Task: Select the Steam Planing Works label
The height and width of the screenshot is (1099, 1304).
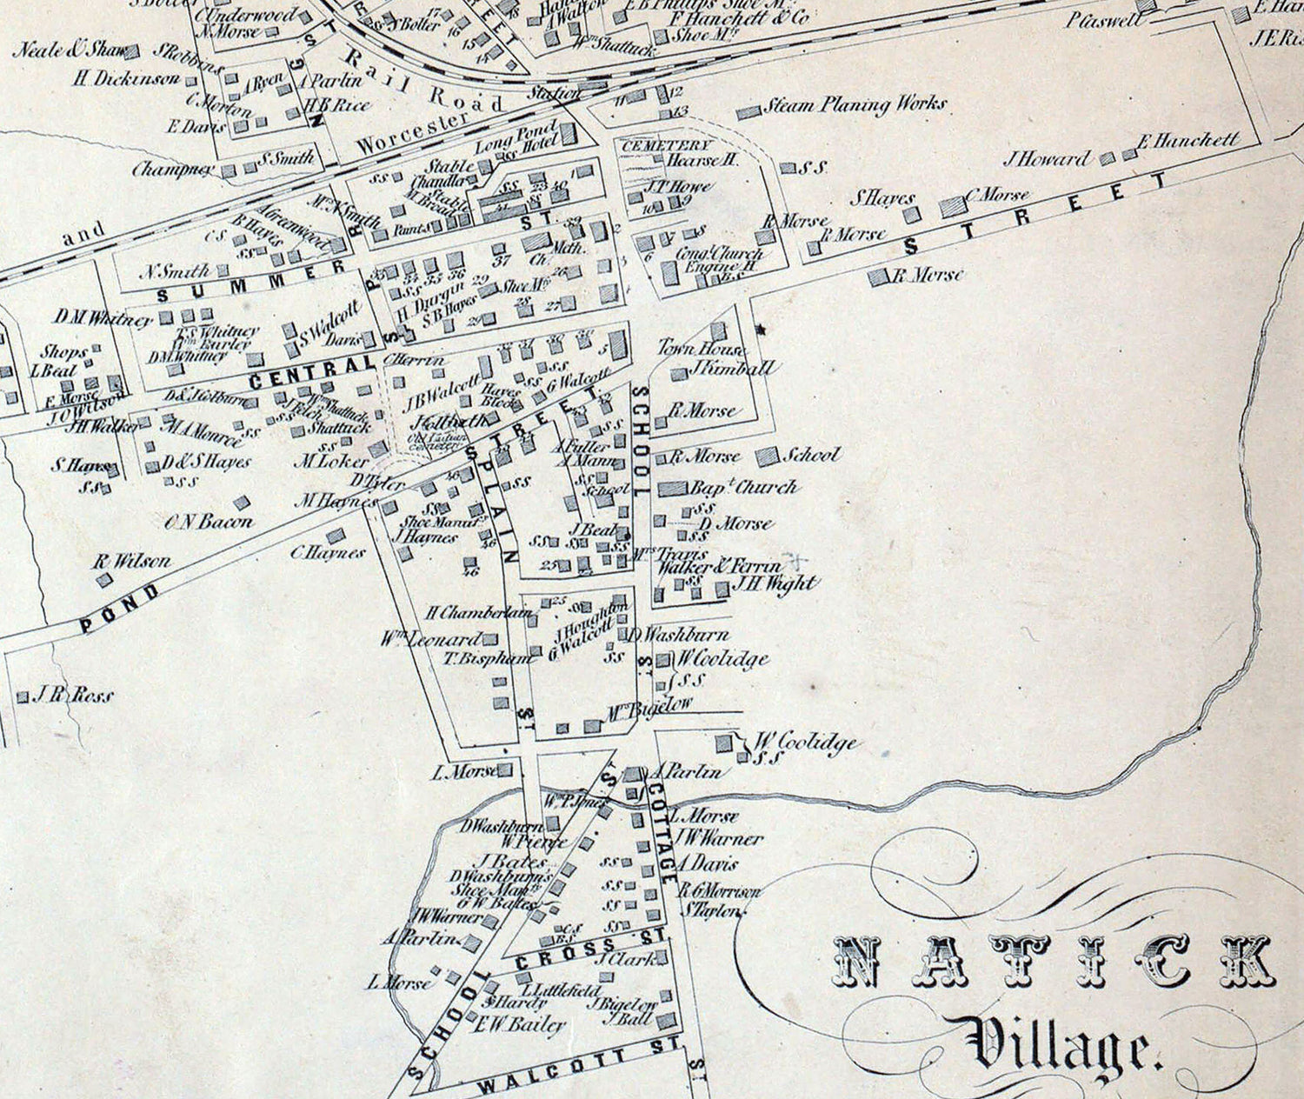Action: [855, 105]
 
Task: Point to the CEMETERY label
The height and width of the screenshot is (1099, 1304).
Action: [666, 145]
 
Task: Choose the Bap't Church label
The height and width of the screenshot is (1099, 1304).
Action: [743, 488]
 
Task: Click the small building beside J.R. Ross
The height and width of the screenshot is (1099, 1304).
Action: [23, 697]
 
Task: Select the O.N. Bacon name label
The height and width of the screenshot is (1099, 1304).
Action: [209, 522]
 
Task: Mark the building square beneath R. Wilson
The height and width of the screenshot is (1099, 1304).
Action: [103, 580]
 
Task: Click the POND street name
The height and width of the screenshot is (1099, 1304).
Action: [120, 609]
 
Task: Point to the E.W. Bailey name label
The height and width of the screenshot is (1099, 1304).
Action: [519, 1025]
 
